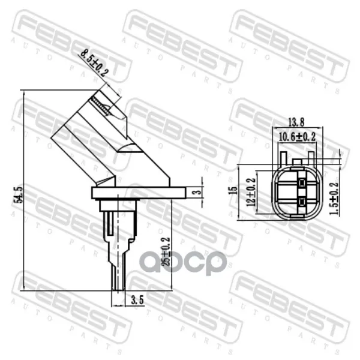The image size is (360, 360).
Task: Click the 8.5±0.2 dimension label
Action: coord(94,64)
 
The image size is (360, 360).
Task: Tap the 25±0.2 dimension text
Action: coord(166,251)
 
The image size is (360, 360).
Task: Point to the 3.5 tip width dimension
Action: coord(137,300)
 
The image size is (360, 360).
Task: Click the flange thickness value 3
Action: coord(197,191)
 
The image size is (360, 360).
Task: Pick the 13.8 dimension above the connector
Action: coord(296,122)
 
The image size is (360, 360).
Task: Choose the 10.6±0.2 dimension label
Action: coord(297,137)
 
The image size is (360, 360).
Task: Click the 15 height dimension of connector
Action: coord(233,190)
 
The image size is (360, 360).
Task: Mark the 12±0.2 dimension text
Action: coord(251,192)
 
